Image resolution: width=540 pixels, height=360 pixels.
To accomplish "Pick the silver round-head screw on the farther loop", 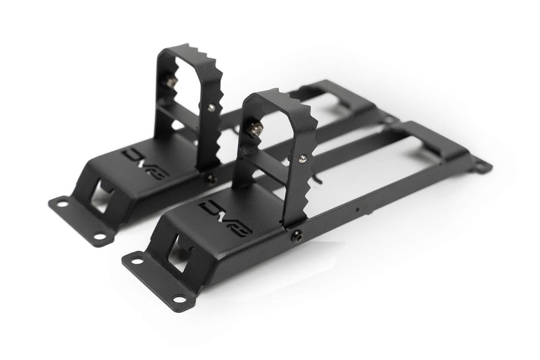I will tap(211, 108).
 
